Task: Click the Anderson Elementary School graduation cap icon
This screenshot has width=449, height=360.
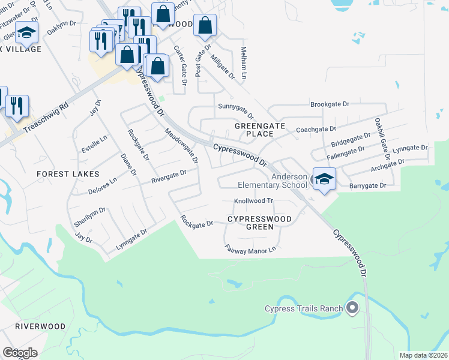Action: click(x=324, y=179)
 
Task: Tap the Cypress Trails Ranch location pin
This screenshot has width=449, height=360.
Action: click(x=352, y=309)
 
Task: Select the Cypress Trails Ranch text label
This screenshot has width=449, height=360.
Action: click(x=304, y=309)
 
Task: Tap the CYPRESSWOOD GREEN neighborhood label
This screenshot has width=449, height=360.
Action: click(x=259, y=223)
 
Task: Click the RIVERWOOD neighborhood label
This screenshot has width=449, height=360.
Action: click(x=40, y=326)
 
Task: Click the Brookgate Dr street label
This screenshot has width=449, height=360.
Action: click(x=330, y=104)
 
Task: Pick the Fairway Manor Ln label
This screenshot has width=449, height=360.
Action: click(x=250, y=249)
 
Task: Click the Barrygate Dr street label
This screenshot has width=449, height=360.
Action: click(x=367, y=187)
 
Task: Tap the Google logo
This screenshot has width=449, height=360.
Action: click(x=20, y=353)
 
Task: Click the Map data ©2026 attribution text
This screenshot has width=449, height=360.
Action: click(x=423, y=355)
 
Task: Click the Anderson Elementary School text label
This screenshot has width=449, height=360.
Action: click(x=290, y=181)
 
